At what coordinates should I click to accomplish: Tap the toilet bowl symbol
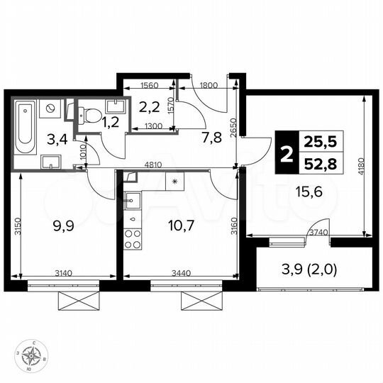point(86,113)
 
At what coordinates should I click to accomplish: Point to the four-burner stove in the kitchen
point(133,239)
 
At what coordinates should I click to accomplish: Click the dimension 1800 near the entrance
point(209,85)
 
